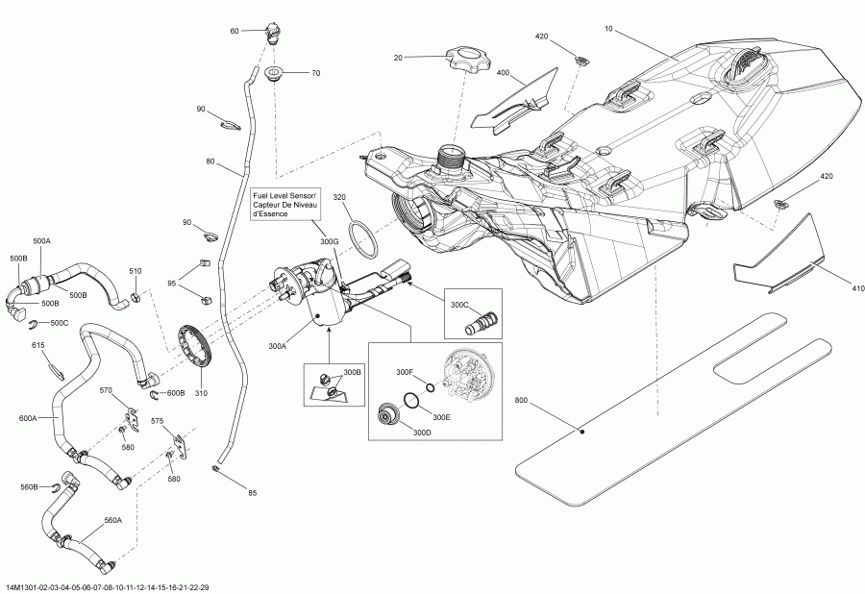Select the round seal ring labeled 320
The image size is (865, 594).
pos(362,238)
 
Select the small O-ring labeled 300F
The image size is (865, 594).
pos(431,387)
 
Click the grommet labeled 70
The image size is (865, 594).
pos(273,74)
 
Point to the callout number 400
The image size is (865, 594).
pos(503,72)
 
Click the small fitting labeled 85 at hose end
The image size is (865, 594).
pos(216,468)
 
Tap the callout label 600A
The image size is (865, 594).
pos(28,418)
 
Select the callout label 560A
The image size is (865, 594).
pos(112,520)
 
